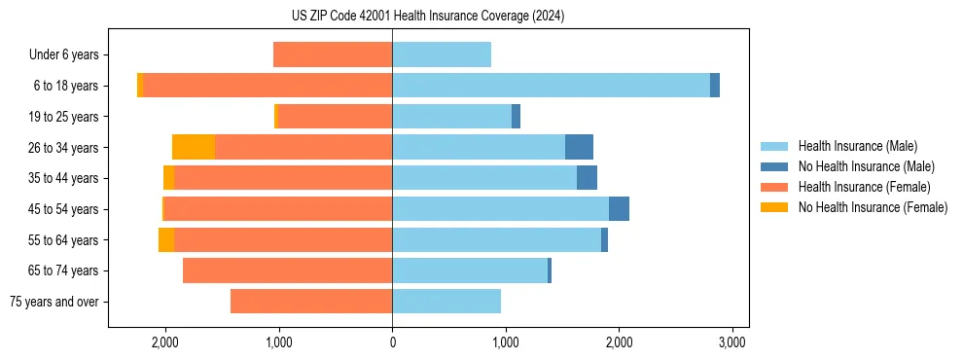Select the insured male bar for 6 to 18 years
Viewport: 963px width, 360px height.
pyautogui.click(x=551, y=86)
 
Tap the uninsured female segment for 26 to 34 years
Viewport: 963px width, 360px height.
pyautogui.click(x=194, y=147)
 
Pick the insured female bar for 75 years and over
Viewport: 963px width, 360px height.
pyautogui.click(x=311, y=302)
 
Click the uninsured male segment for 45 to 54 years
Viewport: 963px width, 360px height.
pyautogui.click(x=619, y=209)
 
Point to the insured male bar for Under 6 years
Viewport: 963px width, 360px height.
pyautogui.click(x=442, y=54)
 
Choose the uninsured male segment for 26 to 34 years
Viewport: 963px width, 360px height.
pyautogui.click(x=579, y=147)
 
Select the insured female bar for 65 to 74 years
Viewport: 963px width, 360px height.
pyautogui.click(x=287, y=270)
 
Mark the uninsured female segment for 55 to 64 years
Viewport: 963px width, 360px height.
pyautogui.click(x=166, y=240)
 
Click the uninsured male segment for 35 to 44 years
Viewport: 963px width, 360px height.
pyautogui.click(x=587, y=178)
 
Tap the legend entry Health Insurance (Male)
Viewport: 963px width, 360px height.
pyautogui.click(x=857, y=146)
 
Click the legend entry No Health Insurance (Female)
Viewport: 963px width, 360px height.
pyautogui.click(x=873, y=207)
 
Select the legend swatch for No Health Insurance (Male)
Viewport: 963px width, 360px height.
pyautogui.click(x=774, y=166)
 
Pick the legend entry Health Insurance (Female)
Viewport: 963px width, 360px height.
pyautogui.click(x=863, y=187)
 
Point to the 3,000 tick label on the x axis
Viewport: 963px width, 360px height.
pyautogui.click(x=731, y=342)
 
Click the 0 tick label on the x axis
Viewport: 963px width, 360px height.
pyautogui.click(x=392, y=342)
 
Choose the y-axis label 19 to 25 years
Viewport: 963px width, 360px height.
pyautogui.click(x=63, y=117)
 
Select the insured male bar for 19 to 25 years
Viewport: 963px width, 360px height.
pyautogui.click(x=451, y=117)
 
